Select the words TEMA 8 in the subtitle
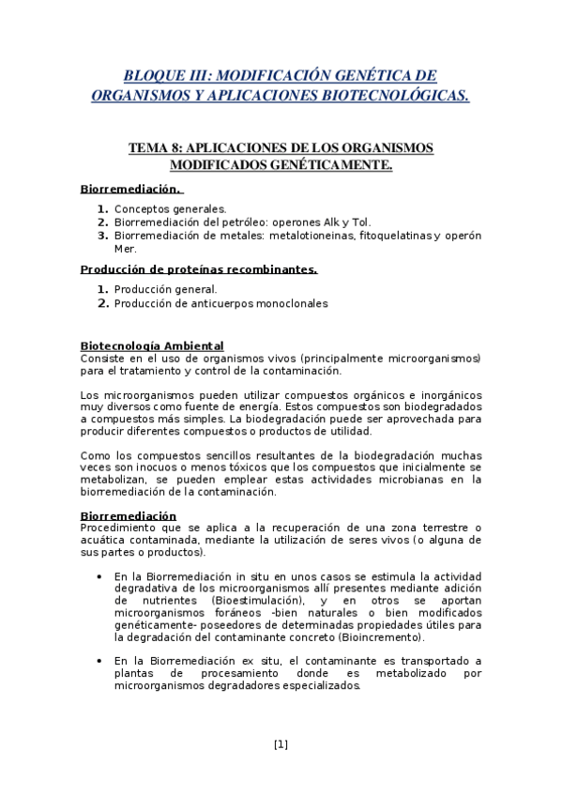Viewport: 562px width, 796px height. coord(156,148)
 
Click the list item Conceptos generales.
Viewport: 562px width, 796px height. coord(170,208)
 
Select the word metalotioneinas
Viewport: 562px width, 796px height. coord(308,236)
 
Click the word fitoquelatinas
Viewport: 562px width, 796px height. coord(391,236)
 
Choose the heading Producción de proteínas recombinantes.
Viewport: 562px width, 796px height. coord(199,269)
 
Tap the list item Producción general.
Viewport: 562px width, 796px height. coord(165,289)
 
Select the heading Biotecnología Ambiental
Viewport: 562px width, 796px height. coord(152,345)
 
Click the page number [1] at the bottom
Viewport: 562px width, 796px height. coord(281,744)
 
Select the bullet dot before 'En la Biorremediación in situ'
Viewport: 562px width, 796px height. coord(99,575)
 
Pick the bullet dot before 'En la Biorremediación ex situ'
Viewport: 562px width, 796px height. coord(99,661)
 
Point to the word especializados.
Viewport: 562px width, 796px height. coord(314,686)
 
